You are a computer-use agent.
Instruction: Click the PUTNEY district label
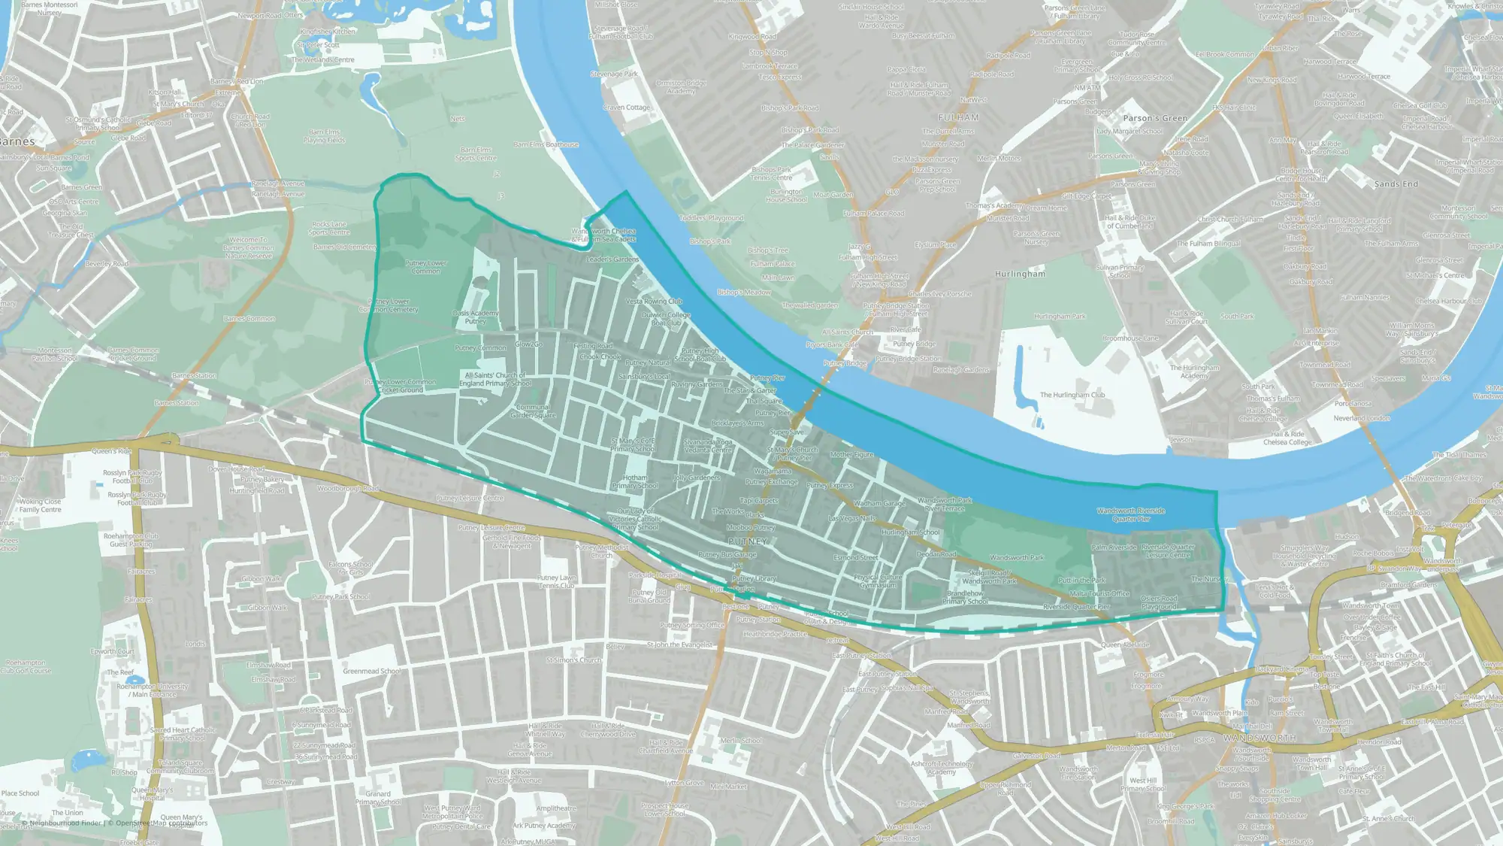(x=748, y=541)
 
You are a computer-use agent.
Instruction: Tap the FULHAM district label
(x=959, y=117)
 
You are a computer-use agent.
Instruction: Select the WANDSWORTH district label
(x=1260, y=738)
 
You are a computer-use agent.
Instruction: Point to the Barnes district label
(x=17, y=141)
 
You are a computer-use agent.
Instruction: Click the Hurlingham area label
(x=1020, y=274)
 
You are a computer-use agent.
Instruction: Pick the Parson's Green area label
(x=1155, y=118)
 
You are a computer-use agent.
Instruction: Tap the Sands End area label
(x=1396, y=184)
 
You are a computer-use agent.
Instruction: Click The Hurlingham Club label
(x=1072, y=395)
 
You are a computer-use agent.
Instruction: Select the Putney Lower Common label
(x=426, y=267)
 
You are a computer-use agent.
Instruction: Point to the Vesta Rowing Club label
(x=654, y=302)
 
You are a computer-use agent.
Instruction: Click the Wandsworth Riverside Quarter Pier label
(x=1131, y=514)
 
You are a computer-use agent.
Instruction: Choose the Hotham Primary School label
(x=635, y=481)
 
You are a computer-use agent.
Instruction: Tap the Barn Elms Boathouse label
(x=546, y=144)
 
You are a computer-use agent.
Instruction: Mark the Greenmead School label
(x=371, y=672)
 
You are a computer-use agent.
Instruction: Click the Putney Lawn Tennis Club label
(x=557, y=581)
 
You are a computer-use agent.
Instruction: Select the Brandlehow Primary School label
(x=965, y=597)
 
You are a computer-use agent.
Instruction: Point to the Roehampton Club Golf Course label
(x=26, y=666)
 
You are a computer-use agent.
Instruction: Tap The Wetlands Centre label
(x=323, y=59)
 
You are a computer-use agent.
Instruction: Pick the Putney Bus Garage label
(x=727, y=555)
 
